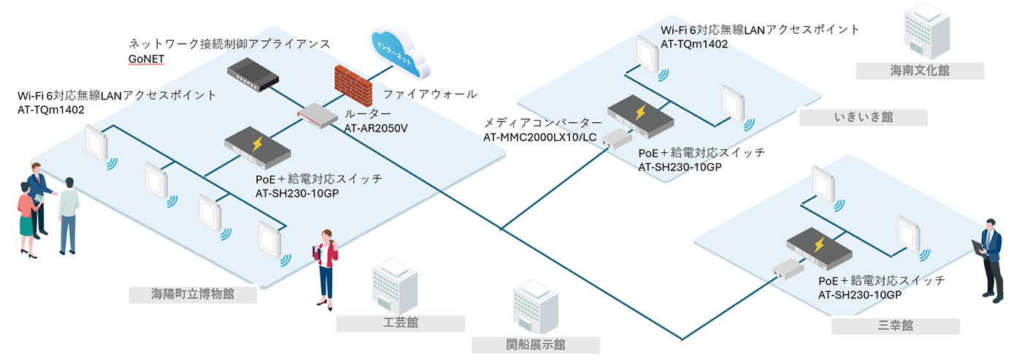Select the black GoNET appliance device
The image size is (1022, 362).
click(x=253, y=72)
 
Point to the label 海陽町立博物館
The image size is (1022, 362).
click(x=193, y=295)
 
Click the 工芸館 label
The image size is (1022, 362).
click(x=401, y=323)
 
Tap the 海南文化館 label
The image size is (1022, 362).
click(x=919, y=71)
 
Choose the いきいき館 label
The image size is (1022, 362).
click(x=864, y=118)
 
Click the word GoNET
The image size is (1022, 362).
click(x=146, y=59)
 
